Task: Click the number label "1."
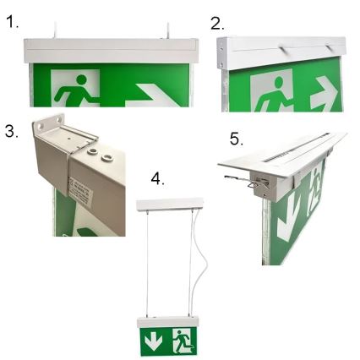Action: pyautogui.click(x=12, y=23)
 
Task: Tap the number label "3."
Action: pyautogui.click(x=12, y=133)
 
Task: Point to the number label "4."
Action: pyautogui.click(x=158, y=178)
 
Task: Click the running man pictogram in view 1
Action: pyautogui.click(x=76, y=90)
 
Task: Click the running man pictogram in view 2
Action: pyautogui.click(x=272, y=92)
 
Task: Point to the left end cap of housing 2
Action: pyautogui.click(x=223, y=56)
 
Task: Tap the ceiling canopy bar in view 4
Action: pyautogui.click(x=170, y=205)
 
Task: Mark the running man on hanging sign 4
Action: pyautogui.click(x=183, y=342)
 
